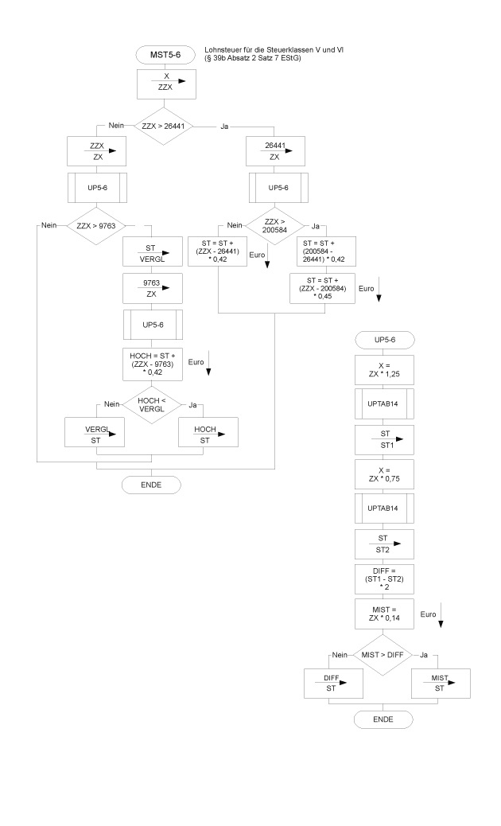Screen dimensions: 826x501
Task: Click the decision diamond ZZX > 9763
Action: [x=96, y=225]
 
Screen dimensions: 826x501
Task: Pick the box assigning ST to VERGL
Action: [x=152, y=254]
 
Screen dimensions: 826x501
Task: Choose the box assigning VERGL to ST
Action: [x=96, y=434]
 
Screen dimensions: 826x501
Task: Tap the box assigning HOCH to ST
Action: [x=208, y=434]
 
